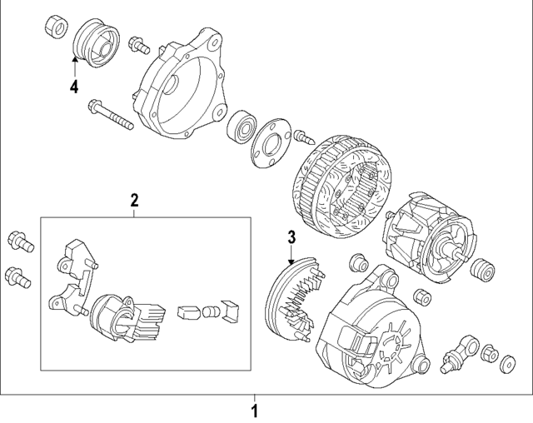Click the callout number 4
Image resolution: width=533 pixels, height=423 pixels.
[74, 87]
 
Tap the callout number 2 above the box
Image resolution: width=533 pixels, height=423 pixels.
[133, 199]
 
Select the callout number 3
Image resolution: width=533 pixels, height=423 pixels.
[291, 238]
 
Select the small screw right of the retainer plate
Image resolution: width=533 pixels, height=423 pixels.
[301, 135]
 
